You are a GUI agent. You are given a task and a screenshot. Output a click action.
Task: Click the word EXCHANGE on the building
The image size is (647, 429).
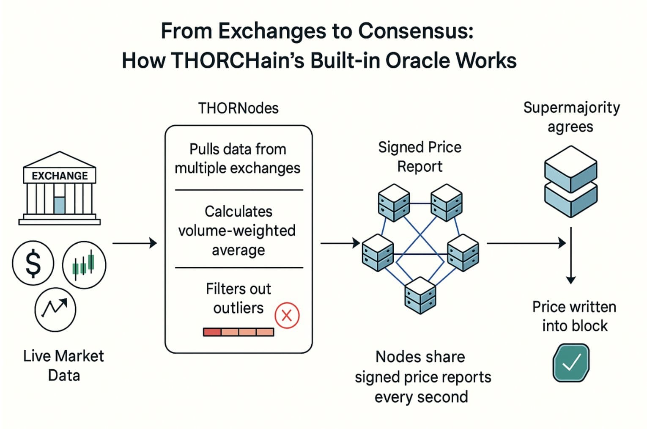60,176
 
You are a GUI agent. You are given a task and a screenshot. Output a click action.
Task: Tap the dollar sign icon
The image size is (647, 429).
33,263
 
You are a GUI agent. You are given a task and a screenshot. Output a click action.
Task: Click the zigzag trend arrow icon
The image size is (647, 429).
55,309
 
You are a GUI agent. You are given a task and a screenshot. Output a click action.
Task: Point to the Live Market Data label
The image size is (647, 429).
63,366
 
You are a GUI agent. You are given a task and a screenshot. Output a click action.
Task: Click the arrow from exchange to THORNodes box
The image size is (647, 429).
134,243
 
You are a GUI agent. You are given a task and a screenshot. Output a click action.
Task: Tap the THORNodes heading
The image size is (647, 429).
238,108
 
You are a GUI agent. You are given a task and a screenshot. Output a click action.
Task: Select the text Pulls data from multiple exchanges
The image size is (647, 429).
238,159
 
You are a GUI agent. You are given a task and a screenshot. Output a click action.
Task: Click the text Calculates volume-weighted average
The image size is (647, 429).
238,231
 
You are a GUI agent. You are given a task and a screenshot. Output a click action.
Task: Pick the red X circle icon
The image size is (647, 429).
287,315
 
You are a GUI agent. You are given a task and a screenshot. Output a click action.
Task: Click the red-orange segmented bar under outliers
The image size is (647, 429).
239,332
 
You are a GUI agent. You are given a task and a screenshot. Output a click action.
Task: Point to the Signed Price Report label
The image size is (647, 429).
419,157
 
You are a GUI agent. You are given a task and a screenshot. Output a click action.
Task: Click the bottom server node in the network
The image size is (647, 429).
420,295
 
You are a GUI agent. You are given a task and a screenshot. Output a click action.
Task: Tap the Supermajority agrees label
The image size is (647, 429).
571,117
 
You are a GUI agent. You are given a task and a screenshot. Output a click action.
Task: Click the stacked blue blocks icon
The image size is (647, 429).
570,181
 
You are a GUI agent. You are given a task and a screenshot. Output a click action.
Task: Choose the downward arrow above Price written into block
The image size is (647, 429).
571,258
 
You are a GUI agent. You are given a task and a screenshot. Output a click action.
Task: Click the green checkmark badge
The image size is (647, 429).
571,363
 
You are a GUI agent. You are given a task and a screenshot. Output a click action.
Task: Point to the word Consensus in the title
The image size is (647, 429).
416,31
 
